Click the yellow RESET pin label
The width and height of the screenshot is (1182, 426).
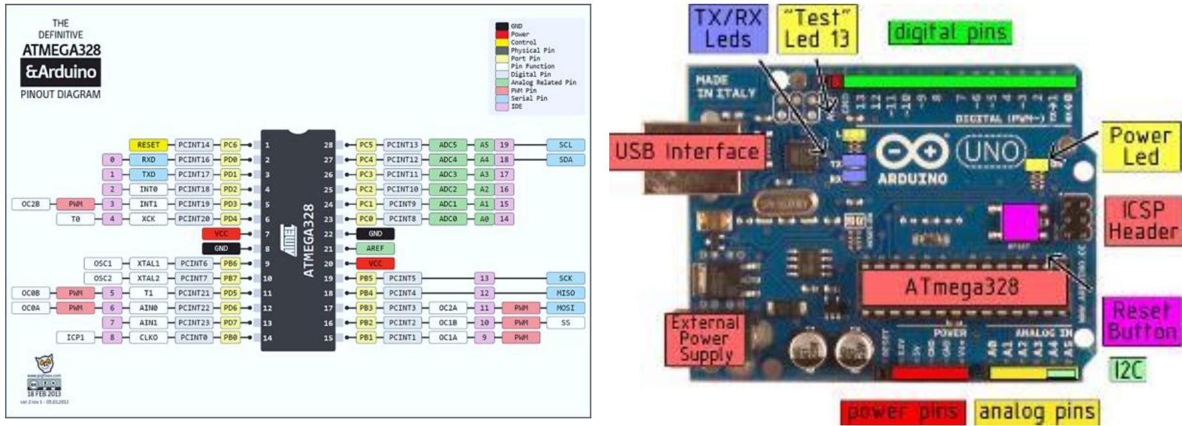point(148,145)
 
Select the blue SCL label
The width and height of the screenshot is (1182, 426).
point(565,145)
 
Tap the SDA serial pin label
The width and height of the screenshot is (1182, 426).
point(565,160)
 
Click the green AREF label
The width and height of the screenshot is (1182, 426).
point(375,248)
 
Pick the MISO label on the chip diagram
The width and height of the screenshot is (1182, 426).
point(565,293)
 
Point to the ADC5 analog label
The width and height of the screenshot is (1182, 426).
point(447,145)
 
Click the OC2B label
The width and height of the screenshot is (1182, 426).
point(31,204)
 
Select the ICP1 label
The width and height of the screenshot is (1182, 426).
point(75,337)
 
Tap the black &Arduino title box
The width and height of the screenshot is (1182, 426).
point(61,72)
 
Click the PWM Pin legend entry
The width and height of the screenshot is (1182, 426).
point(524,91)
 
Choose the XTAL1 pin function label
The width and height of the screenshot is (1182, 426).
point(148,263)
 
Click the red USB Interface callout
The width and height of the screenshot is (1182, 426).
point(687,152)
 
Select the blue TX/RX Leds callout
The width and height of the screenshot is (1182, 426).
point(727,29)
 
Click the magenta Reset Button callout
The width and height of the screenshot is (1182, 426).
point(1142,321)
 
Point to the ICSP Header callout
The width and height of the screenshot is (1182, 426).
point(1142,220)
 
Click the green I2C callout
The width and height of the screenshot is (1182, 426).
point(1127,370)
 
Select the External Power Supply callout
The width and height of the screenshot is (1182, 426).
point(705,339)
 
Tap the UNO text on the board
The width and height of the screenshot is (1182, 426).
point(991,152)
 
